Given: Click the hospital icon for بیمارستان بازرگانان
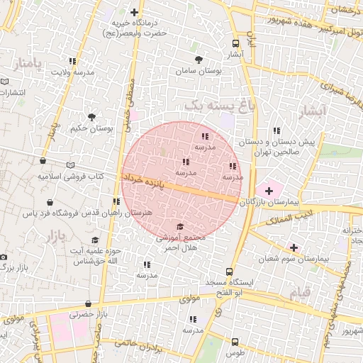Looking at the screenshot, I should pos(269,191).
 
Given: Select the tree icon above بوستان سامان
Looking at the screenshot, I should pos(197,60).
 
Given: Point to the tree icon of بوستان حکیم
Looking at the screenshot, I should pos(91,116).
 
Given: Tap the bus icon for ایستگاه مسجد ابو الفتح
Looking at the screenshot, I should pos(228,271).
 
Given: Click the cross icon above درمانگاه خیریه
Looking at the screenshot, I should pos(135,11).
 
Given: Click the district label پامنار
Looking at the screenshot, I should pos(28,65).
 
